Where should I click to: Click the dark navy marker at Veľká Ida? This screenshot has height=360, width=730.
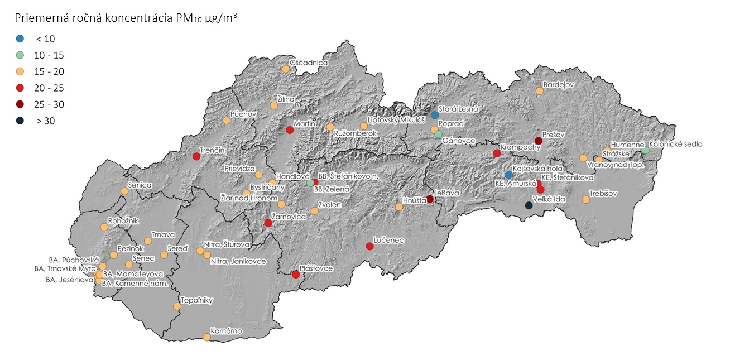(x=529, y=205)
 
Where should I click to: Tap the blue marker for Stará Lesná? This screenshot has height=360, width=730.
(x=435, y=115)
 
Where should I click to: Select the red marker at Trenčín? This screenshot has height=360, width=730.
(x=196, y=156)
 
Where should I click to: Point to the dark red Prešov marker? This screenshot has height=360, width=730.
(x=539, y=141)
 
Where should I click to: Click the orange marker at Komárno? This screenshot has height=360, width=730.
(x=206, y=337)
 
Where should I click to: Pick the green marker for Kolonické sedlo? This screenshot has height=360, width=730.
(x=645, y=151)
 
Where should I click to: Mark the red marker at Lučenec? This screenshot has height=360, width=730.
(x=369, y=246)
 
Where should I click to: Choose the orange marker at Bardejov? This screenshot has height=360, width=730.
(x=540, y=91)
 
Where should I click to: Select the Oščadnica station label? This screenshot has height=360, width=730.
(x=308, y=63)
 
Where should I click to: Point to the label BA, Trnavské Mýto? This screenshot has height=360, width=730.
(x=64, y=268)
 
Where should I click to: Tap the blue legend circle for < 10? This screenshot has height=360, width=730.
(x=20, y=39)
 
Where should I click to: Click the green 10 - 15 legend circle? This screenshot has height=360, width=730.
(x=20, y=55)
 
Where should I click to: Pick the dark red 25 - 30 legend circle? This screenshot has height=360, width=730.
(x=20, y=104)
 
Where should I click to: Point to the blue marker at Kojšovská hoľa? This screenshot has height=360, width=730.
(x=508, y=175)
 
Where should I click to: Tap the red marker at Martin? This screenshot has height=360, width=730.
(x=290, y=130)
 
